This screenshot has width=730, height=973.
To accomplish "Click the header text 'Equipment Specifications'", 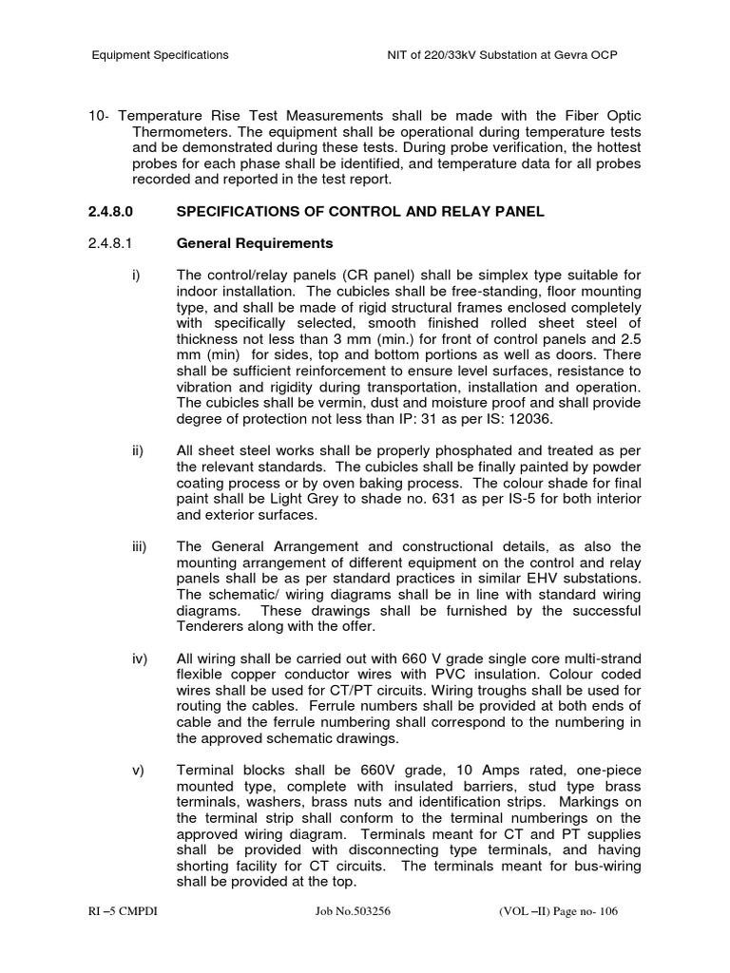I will point(160,55).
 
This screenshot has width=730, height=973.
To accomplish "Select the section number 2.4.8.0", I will point(114,211).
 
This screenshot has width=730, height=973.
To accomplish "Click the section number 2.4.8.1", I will point(114,243).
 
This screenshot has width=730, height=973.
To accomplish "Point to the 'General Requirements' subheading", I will point(255,243).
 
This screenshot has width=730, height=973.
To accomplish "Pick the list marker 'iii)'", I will point(140,546).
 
